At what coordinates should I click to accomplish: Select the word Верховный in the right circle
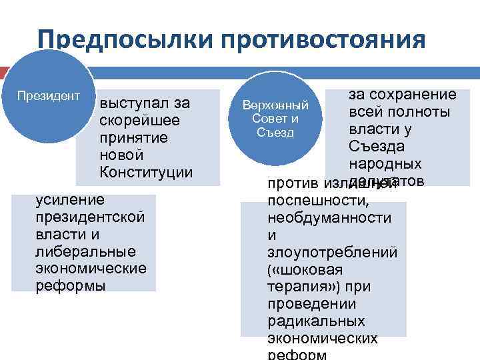click(x=276, y=106)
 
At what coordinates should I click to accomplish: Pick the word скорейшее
click(x=136, y=121)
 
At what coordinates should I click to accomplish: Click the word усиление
click(x=70, y=199)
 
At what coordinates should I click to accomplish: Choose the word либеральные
click(x=86, y=251)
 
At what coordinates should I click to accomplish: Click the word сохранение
click(x=413, y=95)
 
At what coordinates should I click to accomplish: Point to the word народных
click(x=385, y=164)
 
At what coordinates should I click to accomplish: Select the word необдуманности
click(x=329, y=217)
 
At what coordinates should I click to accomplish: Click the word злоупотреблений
click(x=332, y=252)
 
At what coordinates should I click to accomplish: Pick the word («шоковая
click(x=305, y=269)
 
